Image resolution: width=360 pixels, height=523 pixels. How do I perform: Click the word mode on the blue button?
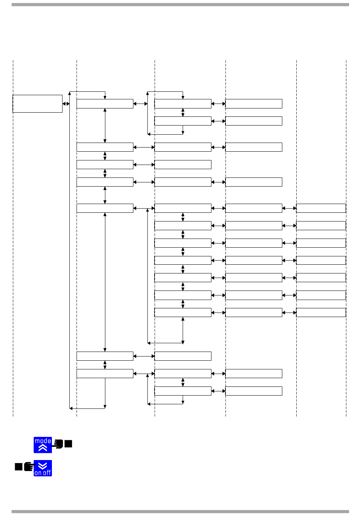pyautogui.click(x=43, y=441)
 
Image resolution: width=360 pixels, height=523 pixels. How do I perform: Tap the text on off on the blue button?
pyautogui.click(x=42, y=473)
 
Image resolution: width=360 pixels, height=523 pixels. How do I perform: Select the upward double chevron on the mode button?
pyautogui.click(x=43, y=448)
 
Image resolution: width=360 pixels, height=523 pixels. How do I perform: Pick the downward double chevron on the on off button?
pyautogui.click(x=43, y=466)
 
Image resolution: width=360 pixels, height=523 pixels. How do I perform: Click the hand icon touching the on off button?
pyautogui.click(x=29, y=466)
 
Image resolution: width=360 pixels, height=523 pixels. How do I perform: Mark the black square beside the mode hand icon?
pyautogui.click(x=68, y=444)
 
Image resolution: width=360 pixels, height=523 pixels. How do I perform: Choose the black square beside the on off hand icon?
pyautogui.click(x=19, y=466)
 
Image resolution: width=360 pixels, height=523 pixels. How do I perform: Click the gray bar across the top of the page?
pyautogui.click(x=180, y=5)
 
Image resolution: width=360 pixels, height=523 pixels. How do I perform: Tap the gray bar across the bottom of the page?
pyautogui.click(x=180, y=512)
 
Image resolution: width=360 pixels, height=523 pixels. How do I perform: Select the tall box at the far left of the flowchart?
pyautogui.click(x=38, y=104)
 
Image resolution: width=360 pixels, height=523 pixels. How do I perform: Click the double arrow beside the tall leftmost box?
pyautogui.click(x=66, y=104)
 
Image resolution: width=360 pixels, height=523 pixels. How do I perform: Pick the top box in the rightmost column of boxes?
pyautogui.click(x=321, y=208)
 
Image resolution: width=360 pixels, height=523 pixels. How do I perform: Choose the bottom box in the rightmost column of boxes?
pyautogui.click(x=321, y=313)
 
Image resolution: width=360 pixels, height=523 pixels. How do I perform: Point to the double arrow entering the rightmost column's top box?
pyautogui.click(x=290, y=208)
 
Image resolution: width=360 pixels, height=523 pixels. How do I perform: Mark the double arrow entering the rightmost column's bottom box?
pyautogui.click(x=290, y=313)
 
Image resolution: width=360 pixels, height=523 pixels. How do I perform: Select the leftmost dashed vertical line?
pyautogui.click(x=13, y=265)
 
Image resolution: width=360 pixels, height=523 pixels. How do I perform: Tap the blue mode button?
pyautogui.click(x=43, y=445)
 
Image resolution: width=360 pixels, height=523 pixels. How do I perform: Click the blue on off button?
pyautogui.click(x=43, y=468)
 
